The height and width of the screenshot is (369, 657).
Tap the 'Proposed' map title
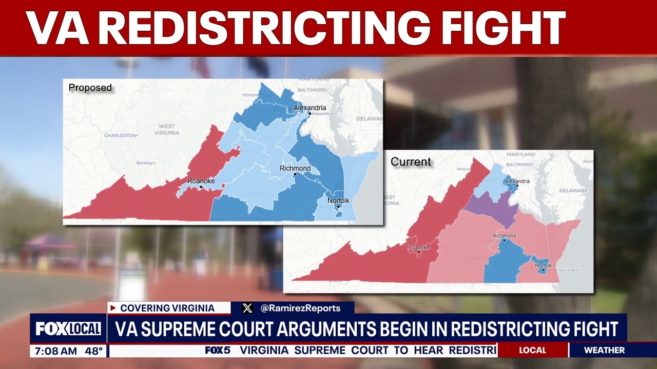coord(90,88)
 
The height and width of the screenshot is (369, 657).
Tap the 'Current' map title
coord(411,162)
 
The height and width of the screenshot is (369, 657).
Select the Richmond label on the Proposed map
coord(295,169)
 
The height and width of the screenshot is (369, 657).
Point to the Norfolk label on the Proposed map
coord(338,200)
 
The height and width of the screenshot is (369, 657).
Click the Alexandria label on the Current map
coord(517,181)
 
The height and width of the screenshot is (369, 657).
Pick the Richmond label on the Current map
coord(504,236)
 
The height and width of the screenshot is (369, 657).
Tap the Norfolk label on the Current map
coord(543,265)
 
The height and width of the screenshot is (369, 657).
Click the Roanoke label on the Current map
coord(418,248)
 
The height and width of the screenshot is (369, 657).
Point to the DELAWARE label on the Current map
coord(573,190)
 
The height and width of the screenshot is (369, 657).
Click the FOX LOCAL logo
coord(68,329)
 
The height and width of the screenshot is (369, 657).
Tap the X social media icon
coord(247,308)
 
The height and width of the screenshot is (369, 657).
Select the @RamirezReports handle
coord(300,308)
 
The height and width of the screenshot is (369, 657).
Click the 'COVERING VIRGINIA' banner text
coord(167,308)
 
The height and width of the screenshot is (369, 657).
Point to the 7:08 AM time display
coord(55,351)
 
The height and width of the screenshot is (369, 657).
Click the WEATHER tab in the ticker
coord(604,350)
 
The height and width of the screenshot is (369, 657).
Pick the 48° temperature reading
coord(93,351)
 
